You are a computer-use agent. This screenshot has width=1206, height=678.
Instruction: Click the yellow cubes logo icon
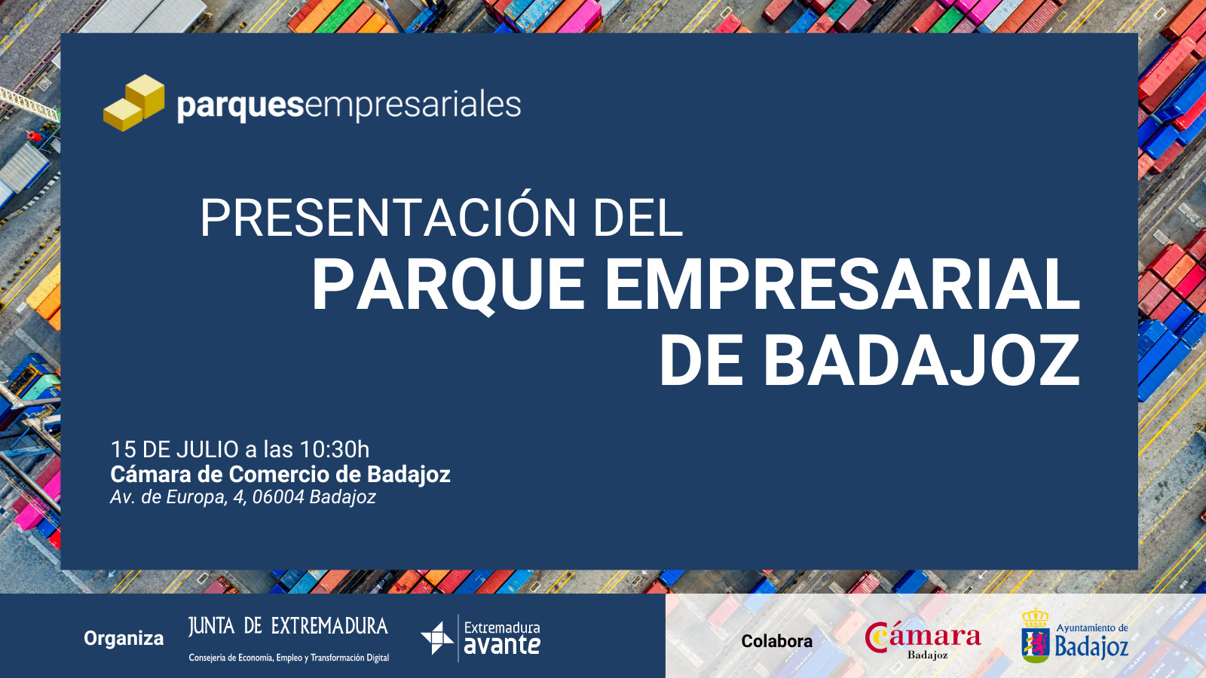click(134, 102)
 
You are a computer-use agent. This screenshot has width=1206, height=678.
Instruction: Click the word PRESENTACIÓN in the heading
click(388, 218)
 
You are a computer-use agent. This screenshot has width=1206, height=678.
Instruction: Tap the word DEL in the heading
click(638, 218)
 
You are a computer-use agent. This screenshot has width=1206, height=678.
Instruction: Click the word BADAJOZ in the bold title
click(921, 360)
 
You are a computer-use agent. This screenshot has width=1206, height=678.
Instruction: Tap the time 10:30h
click(335, 449)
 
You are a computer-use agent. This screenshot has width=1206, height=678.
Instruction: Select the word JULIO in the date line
click(208, 449)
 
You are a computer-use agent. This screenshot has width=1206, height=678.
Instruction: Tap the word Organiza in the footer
click(124, 639)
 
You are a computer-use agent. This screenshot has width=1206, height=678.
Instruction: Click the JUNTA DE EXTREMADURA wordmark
click(288, 626)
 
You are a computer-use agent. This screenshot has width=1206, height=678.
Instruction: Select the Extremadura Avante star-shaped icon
click(437, 638)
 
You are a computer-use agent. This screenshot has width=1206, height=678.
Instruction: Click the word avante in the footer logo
click(502, 645)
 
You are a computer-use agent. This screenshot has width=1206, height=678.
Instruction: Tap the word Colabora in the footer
click(776, 641)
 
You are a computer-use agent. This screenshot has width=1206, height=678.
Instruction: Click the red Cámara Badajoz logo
click(923, 640)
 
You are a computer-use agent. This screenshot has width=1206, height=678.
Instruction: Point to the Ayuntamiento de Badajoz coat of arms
click(1036, 636)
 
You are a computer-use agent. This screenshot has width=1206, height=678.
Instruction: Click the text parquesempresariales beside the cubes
click(349, 105)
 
